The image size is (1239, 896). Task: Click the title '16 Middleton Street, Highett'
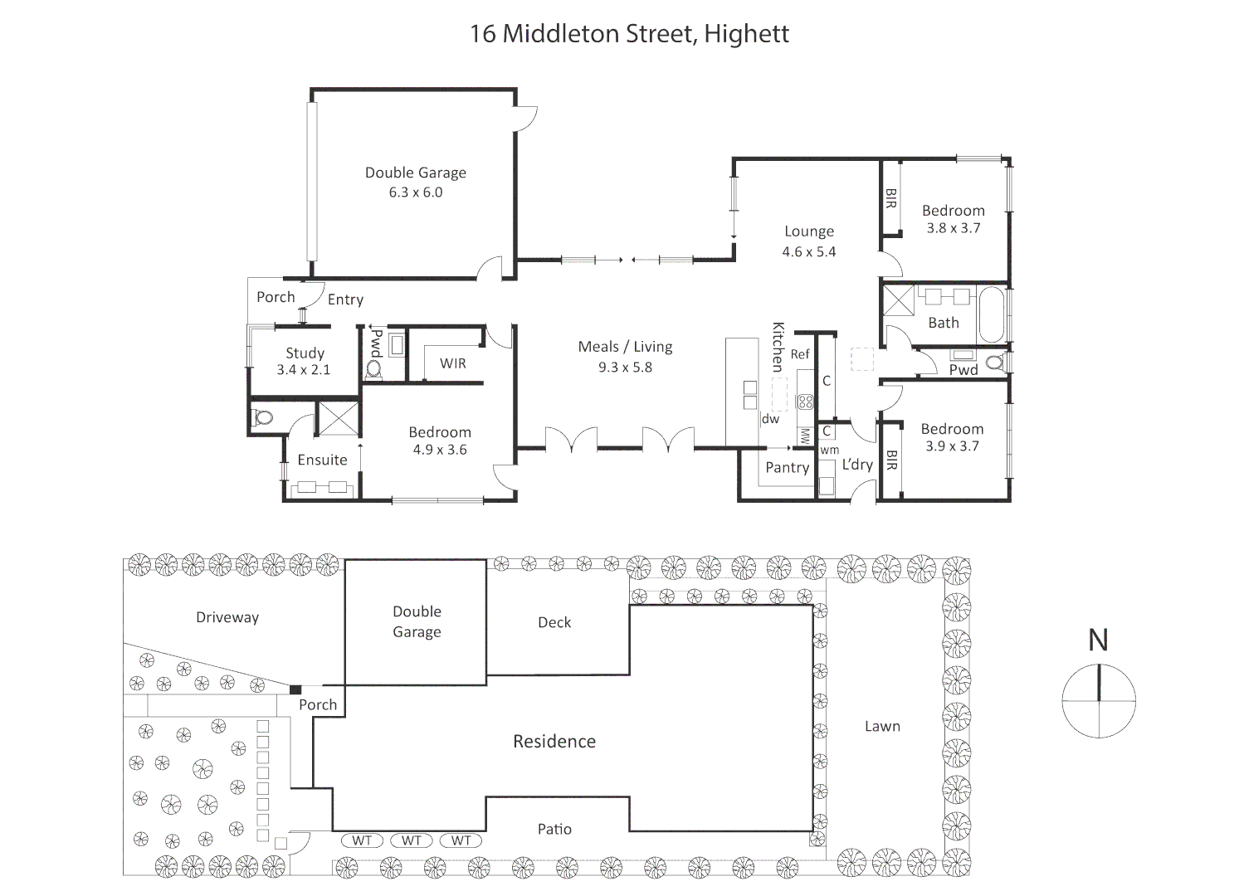pos(629,34)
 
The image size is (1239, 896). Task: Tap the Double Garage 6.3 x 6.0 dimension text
pos(416,192)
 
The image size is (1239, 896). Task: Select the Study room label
pos(305,353)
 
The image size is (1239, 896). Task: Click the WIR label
pos(453,363)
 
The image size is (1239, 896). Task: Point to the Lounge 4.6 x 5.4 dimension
pos(808,252)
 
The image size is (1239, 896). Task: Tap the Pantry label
pos(787,468)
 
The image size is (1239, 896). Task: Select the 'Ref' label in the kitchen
pos(800,354)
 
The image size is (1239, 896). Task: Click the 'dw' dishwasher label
pos(770,419)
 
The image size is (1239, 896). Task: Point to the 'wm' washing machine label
pos(829,450)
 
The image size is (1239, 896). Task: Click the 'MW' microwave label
pos(804,436)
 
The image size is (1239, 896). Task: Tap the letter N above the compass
pos(1098,640)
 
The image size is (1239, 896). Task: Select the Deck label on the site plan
pos(554,622)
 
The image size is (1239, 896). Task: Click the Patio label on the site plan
pos(554,829)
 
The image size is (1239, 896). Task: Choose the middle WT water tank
pos(412,840)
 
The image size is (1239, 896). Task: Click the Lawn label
pos(882,727)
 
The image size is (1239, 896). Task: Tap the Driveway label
pos(227,617)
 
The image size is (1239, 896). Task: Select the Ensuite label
pos(322,460)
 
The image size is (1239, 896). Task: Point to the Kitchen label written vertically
pos(778,346)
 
